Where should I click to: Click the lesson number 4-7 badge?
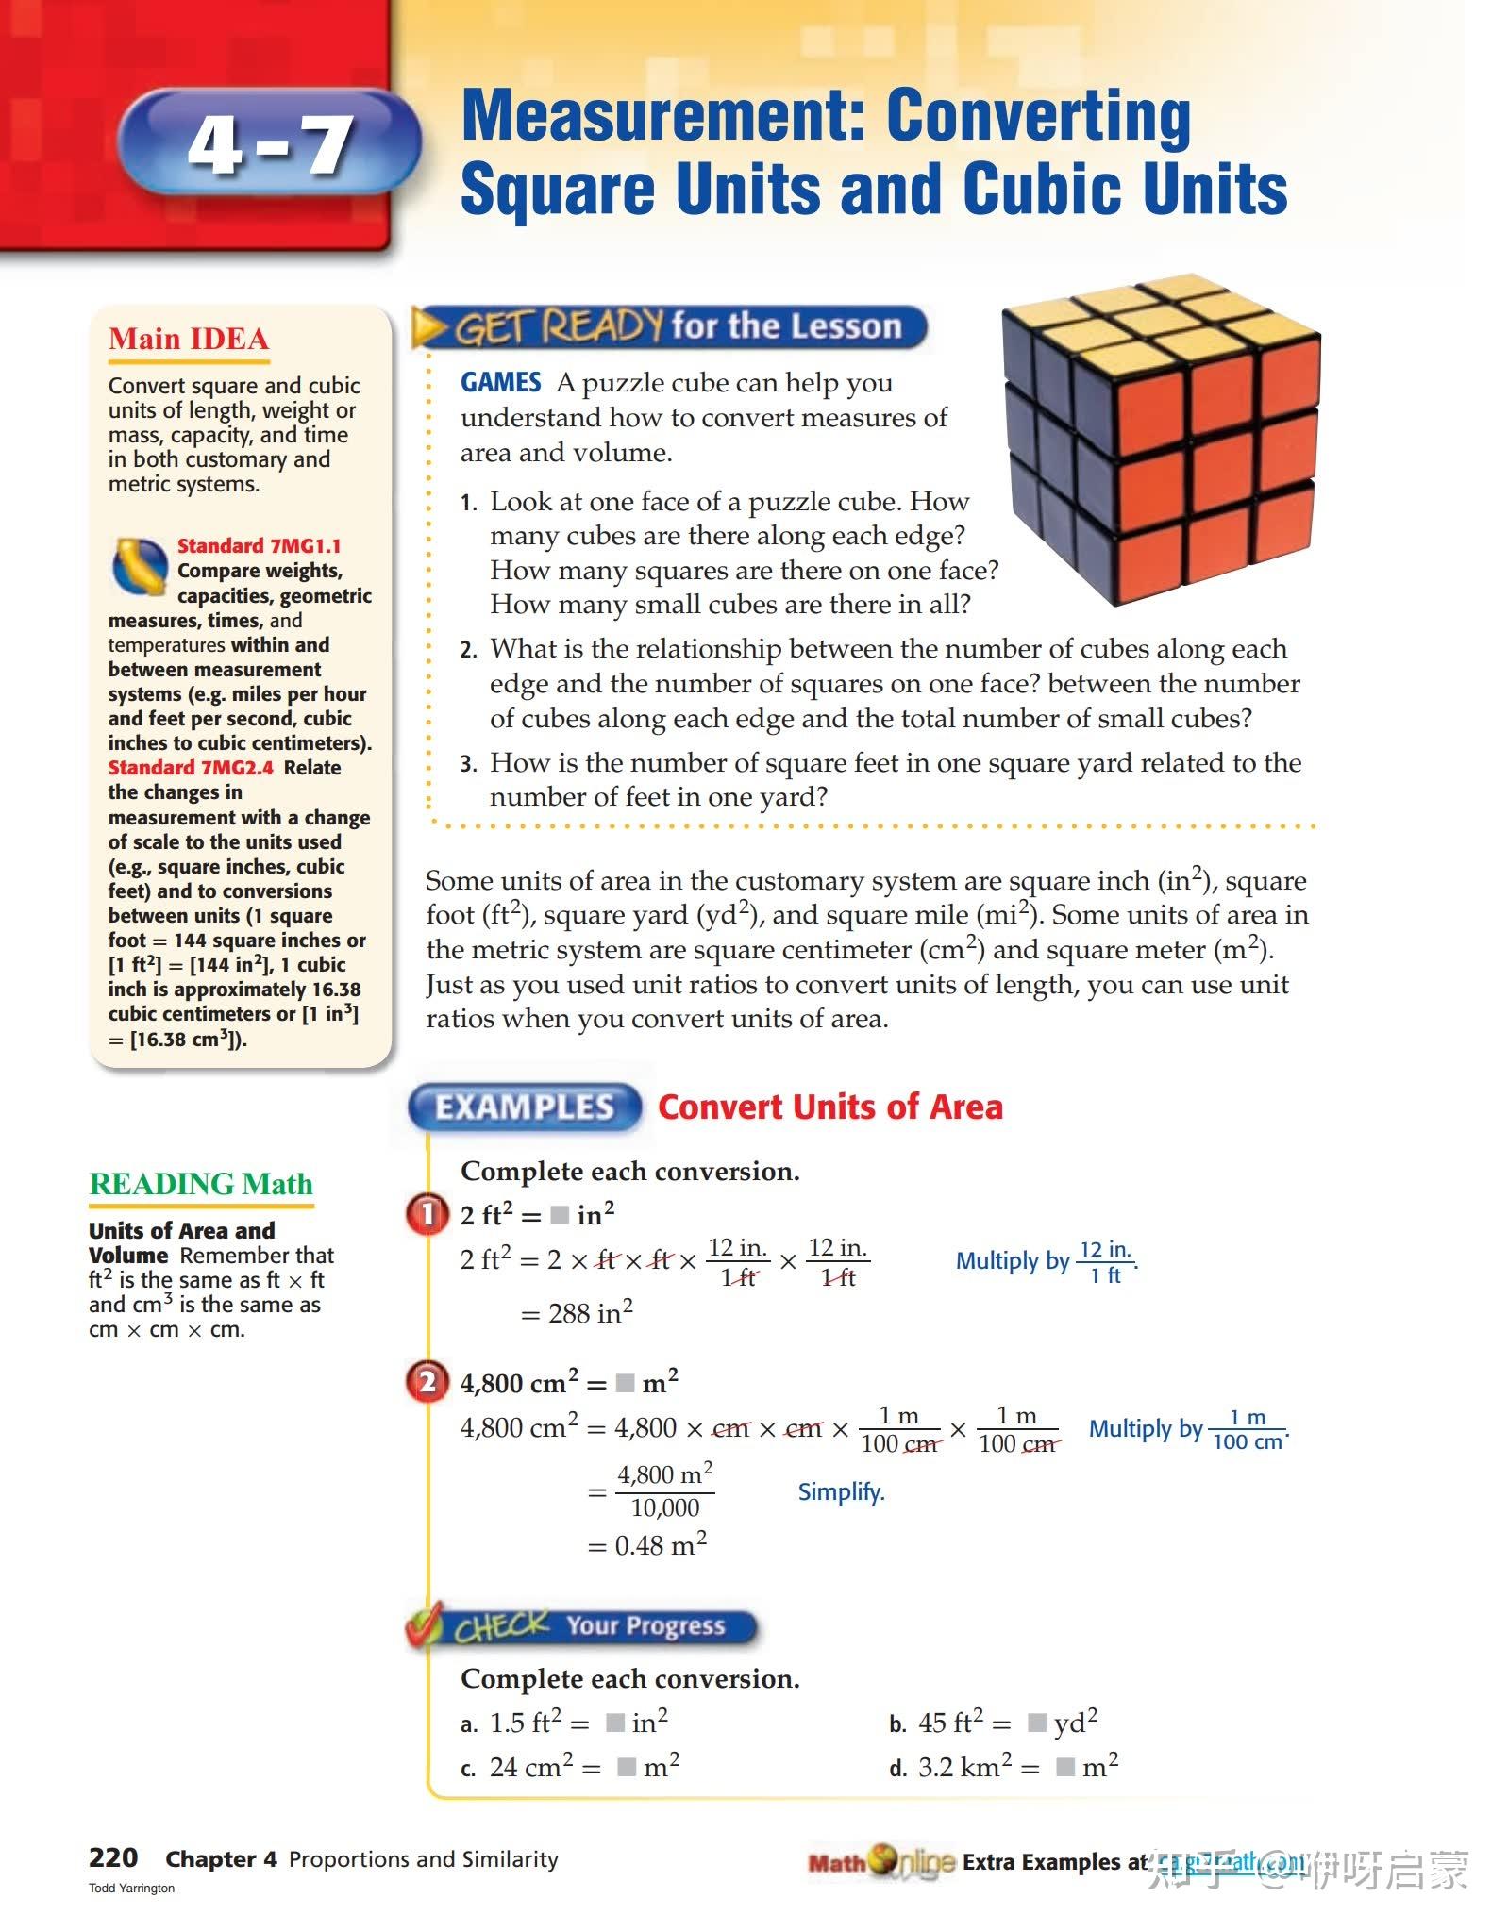tap(269, 144)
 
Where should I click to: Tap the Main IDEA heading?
tap(189, 339)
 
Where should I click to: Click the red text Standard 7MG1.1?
tap(259, 546)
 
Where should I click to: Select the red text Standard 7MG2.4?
tap(191, 768)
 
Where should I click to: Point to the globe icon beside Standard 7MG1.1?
tap(141, 567)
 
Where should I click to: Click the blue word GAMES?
tap(500, 382)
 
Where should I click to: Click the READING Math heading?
tap(200, 1184)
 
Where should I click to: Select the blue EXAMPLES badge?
tap(525, 1107)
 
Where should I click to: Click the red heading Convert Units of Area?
tap(829, 1107)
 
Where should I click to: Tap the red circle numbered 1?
tap(427, 1214)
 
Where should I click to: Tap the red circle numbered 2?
tap(427, 1383)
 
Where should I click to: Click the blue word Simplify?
tap(841, 1491)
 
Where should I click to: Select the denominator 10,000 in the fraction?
tap(665, 1507)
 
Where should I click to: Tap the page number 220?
tap(113, 1857)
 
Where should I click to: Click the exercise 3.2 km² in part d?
tap(964, 1766)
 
